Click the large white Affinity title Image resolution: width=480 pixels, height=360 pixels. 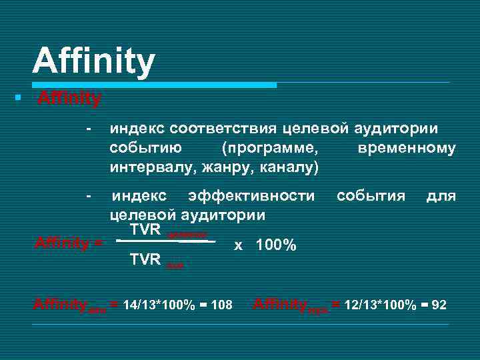tap(93, 61)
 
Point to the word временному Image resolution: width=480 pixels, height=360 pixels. tap(407, 147)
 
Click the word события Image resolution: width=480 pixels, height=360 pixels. tap(371, 196)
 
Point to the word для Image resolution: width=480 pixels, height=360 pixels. tap(441, 196)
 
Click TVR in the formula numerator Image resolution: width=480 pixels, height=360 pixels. tap(146, 230)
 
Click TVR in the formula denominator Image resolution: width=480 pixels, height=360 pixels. tap(145, 259)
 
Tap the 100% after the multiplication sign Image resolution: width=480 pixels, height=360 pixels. tap(275, 245)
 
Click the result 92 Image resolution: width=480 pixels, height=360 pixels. tap(439, 305)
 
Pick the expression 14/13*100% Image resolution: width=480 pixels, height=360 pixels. tap(159, 305)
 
